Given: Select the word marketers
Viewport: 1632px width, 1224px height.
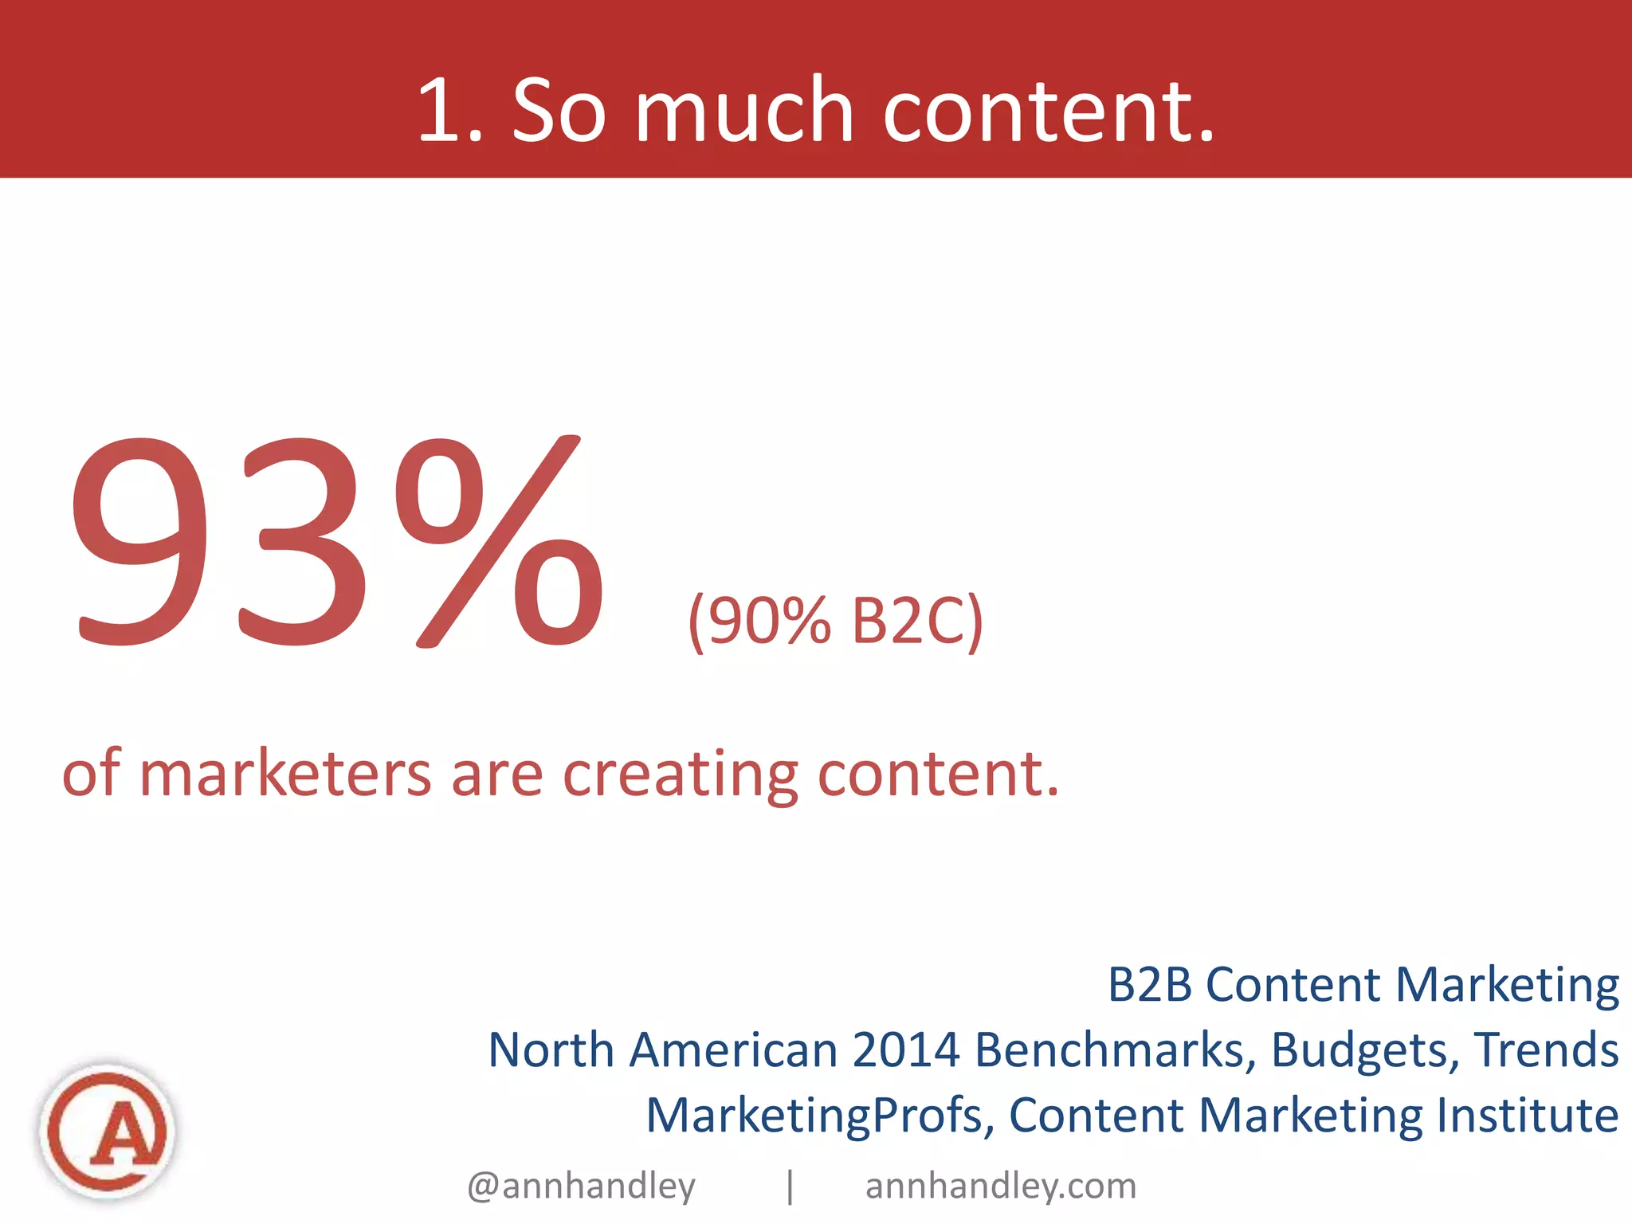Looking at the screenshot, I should pos(285,774).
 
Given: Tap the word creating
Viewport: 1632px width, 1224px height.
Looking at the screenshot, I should pos(681,774).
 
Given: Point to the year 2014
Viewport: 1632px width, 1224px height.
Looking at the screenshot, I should pos(906,1049).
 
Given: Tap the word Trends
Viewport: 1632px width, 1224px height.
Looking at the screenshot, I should pos(1546,1049).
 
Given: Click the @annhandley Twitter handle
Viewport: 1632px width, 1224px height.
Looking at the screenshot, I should pos(582,1186).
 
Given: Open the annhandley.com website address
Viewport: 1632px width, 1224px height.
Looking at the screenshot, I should pos(1001,1186).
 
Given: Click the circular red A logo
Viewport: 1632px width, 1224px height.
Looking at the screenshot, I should pos(108,1130).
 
